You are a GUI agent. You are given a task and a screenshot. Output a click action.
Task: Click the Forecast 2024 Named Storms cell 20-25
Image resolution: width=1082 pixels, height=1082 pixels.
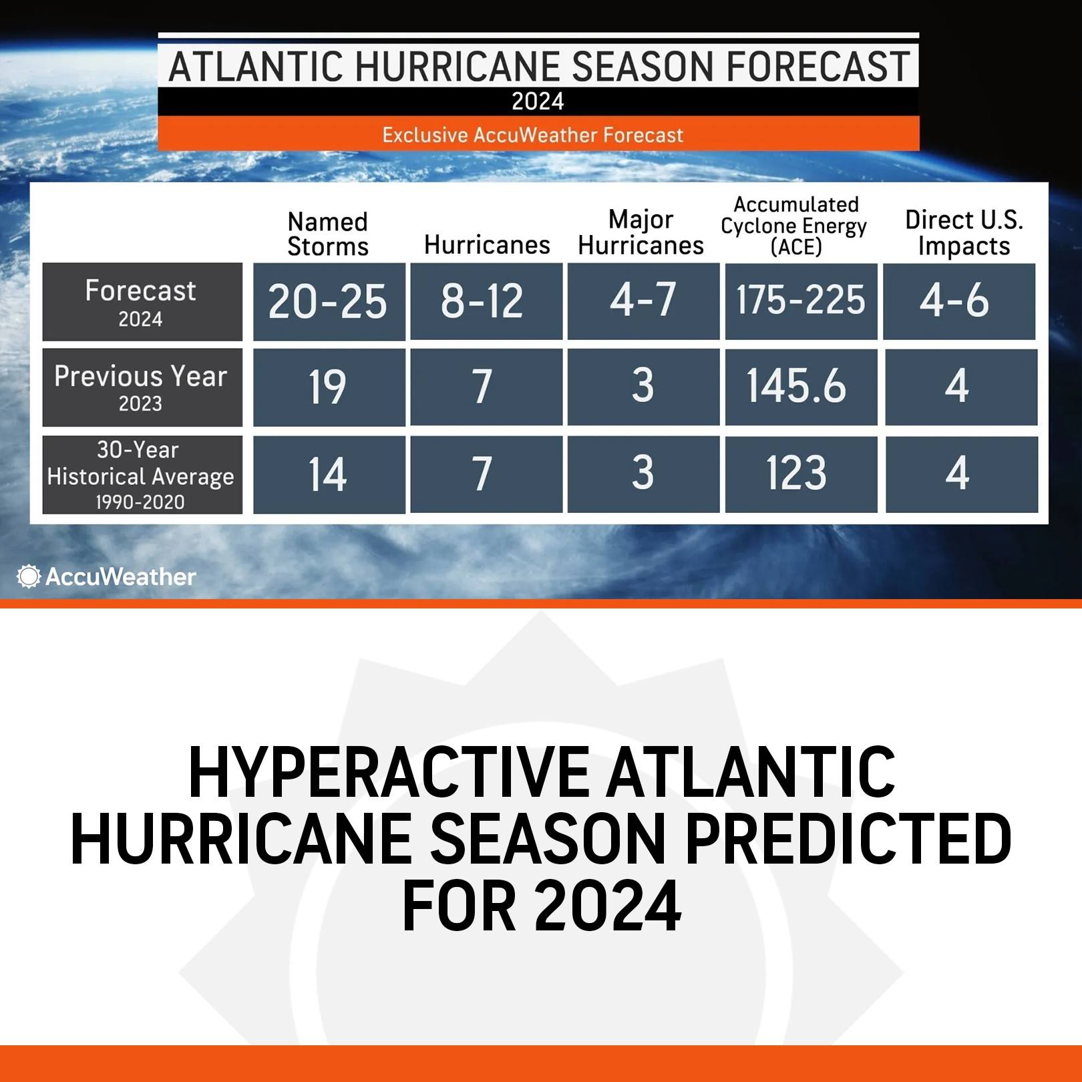(x=329, y=301)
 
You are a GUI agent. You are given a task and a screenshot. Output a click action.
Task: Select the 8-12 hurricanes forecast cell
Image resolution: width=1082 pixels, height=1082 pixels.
(x=486, y=301)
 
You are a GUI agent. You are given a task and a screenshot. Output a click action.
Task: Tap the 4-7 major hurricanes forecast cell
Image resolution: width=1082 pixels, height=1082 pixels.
(x=644, y=301)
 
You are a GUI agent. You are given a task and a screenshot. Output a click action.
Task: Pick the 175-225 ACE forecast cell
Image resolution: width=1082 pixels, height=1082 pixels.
(x=801, y=301)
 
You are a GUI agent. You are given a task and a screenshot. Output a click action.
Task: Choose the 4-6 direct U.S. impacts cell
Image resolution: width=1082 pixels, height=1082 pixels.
(x=959, y=301)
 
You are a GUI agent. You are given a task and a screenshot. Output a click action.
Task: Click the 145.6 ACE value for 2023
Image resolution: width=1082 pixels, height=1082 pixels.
(x=801, y=387)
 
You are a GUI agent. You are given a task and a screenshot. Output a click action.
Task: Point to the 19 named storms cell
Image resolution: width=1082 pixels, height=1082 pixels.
(x=329, y=387)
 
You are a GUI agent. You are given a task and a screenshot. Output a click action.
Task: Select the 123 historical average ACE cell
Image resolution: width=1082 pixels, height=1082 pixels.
(x=801, y=474)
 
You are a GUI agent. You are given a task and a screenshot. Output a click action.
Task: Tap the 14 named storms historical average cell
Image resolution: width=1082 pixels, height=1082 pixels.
(x=329, y=474)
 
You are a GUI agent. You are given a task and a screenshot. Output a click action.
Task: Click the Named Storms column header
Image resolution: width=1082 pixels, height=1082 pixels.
(x=328, y=234)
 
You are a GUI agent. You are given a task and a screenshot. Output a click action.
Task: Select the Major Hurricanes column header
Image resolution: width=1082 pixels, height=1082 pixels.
(x=641, y=232)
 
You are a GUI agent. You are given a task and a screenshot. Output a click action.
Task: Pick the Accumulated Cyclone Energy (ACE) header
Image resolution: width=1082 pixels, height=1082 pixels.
(x=794, y=226)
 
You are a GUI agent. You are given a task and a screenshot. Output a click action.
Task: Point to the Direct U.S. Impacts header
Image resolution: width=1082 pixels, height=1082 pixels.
(x=964, y=232)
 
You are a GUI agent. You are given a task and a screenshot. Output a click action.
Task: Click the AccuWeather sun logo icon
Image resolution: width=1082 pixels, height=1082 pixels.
(x=29, y=576)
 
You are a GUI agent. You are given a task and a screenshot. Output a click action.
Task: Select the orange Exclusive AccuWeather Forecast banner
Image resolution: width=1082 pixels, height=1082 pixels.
(x=538, y=134)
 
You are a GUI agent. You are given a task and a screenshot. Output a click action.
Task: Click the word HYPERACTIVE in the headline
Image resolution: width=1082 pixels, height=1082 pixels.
(x=389, y=773)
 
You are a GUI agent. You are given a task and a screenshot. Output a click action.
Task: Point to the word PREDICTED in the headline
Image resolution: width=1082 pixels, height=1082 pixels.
(x=848, y=840)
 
